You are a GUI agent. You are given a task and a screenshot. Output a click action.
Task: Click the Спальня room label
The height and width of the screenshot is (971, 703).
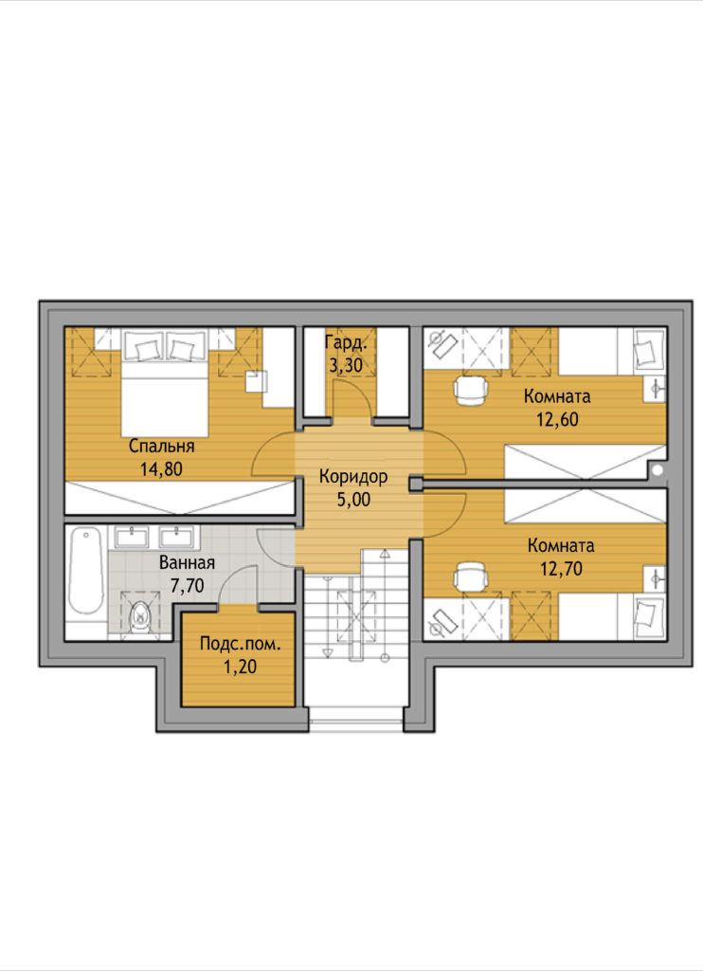pyautogui.click(x=161, y=447)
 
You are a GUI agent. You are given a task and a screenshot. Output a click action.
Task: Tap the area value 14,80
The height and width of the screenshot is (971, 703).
pyautogui.click(x=161, y=469)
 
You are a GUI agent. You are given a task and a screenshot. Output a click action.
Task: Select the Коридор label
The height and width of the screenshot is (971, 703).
pyautogui.click(x=353, y=477)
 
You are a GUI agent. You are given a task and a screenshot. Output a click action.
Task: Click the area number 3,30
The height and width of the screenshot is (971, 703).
pyautogui.click(x=346, y=365)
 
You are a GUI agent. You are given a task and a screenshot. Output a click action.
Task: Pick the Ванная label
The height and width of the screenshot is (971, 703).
pyautogui.click(x=187, y=563)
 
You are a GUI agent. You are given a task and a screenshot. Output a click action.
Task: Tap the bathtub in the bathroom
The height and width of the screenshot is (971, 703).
pyautogui.click(x=86, y=571)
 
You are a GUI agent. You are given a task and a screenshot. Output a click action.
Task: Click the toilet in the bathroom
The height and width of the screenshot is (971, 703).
pyautogui.click(x=140, y=614)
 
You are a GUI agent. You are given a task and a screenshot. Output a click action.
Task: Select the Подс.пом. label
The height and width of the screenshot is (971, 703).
pyautogui.click(x=240, y=644)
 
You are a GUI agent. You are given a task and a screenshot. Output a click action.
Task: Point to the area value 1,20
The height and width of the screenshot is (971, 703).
pyautogui.click(x=240, y=667)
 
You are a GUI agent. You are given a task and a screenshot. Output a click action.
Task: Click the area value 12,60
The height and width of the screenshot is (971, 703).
pyautogui.click(x=558, y=419)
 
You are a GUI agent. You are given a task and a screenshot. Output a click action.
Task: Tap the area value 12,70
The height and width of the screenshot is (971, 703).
pyautogui.click(x=561, y=569)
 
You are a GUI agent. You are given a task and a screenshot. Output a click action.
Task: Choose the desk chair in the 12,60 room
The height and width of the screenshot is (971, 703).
pyautogui.click(x=472, y=390)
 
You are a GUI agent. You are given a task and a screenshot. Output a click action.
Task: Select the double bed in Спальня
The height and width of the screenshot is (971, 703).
pyautogui.click(x=164, y=383)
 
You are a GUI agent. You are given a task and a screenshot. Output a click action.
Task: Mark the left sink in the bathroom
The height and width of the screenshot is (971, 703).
pyautogui.click(x=132, y=537)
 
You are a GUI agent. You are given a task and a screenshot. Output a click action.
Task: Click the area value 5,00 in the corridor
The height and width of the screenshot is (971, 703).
pyautogui.click(x=353, y=500)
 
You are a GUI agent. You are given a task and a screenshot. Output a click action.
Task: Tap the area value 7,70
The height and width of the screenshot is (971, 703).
pyautogui.click(x=187, y=585)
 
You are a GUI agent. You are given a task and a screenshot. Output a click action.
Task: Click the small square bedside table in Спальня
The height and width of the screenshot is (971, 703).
pyautogui.click(x=257, y=381)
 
